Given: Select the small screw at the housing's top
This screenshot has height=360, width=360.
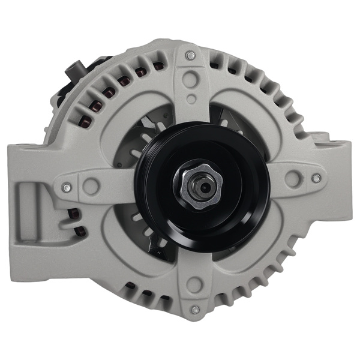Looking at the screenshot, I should point(191,55).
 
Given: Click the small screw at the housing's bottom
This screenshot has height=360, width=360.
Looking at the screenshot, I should point(194,310).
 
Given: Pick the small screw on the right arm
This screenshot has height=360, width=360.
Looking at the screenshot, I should point(316,178).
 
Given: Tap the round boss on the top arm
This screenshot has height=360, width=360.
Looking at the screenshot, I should point(191,77).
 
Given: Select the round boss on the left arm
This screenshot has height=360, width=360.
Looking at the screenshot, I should point(91,186).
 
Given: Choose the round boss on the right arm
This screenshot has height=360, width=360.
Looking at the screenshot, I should point(293,178).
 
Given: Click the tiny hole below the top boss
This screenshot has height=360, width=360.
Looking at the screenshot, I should point(191,100).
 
